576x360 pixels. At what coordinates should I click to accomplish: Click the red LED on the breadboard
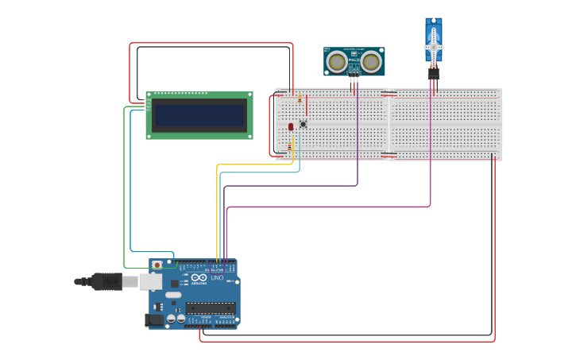291,126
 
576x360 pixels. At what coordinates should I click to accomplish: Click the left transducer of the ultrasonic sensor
337,61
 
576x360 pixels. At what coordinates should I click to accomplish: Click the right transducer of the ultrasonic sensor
371,61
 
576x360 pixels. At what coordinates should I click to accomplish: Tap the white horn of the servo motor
433,48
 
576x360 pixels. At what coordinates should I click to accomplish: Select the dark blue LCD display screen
199,116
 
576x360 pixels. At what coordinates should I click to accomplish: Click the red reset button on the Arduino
157,265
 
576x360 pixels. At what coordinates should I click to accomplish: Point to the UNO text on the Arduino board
217,278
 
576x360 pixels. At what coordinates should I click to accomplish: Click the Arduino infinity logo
199,277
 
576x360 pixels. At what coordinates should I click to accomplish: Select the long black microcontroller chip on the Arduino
211,308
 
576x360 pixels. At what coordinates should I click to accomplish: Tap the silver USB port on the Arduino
151,281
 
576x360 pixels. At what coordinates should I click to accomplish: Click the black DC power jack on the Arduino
155,319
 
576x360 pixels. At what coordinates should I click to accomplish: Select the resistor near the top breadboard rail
300,101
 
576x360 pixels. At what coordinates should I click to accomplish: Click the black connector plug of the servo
433,73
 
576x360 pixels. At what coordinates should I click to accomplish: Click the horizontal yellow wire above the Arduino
254,165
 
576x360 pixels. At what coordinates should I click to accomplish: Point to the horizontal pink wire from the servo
326,207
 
